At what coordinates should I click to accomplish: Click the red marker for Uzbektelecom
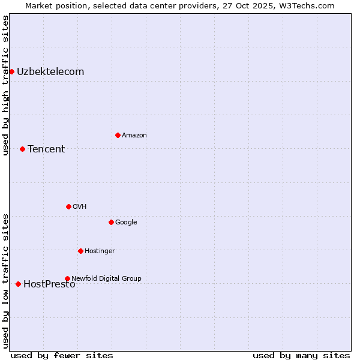pos(11,72)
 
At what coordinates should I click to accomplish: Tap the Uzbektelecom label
pos(50,72)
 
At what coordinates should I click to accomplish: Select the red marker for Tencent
pos(22,149)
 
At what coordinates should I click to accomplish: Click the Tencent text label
pos(46,149)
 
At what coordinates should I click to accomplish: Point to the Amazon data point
pos(118,135)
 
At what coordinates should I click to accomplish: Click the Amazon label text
pos(134,136)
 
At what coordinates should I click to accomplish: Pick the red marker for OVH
pos(68,206)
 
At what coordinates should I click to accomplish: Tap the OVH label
pos(80,207)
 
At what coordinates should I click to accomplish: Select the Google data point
pos(111,222)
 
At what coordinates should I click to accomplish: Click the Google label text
pos(126,223)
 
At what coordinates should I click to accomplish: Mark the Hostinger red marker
pos(80,251)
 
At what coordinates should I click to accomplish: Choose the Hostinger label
pos(100,251)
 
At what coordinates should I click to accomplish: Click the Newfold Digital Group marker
pos(67,278)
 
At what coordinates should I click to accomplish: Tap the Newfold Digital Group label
pos(107,278)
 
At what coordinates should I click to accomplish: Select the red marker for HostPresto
pos(18,284)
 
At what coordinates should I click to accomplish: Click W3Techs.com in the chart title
pos(309,5)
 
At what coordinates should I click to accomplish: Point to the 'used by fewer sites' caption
pos(62,356)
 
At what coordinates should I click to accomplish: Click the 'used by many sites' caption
pos(301,356)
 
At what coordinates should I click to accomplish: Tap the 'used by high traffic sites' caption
pos(5,85)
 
